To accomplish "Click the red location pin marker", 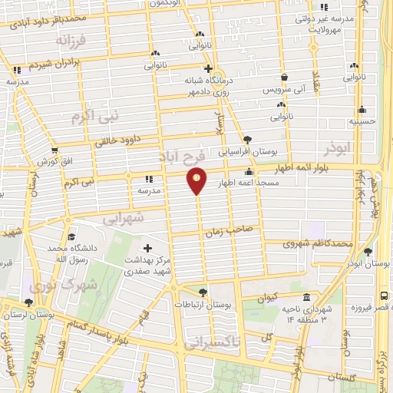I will pyautogui.click(x=197, y=180).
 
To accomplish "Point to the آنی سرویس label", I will pyautogui.click(x=284, y=89).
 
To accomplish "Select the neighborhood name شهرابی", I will pyautogui.click(x=123, y=218).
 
